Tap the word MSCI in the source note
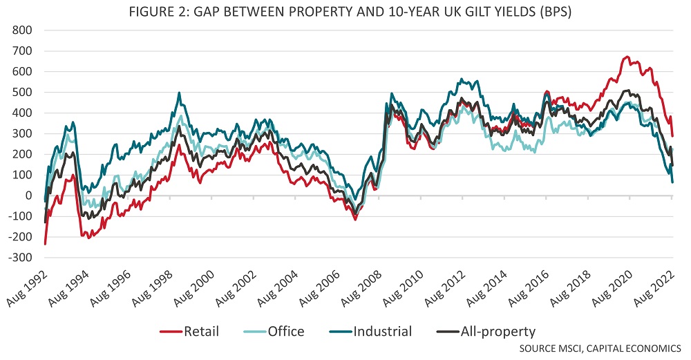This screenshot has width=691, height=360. click(573, 348)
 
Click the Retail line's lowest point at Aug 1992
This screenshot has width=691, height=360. click(45, 244)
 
